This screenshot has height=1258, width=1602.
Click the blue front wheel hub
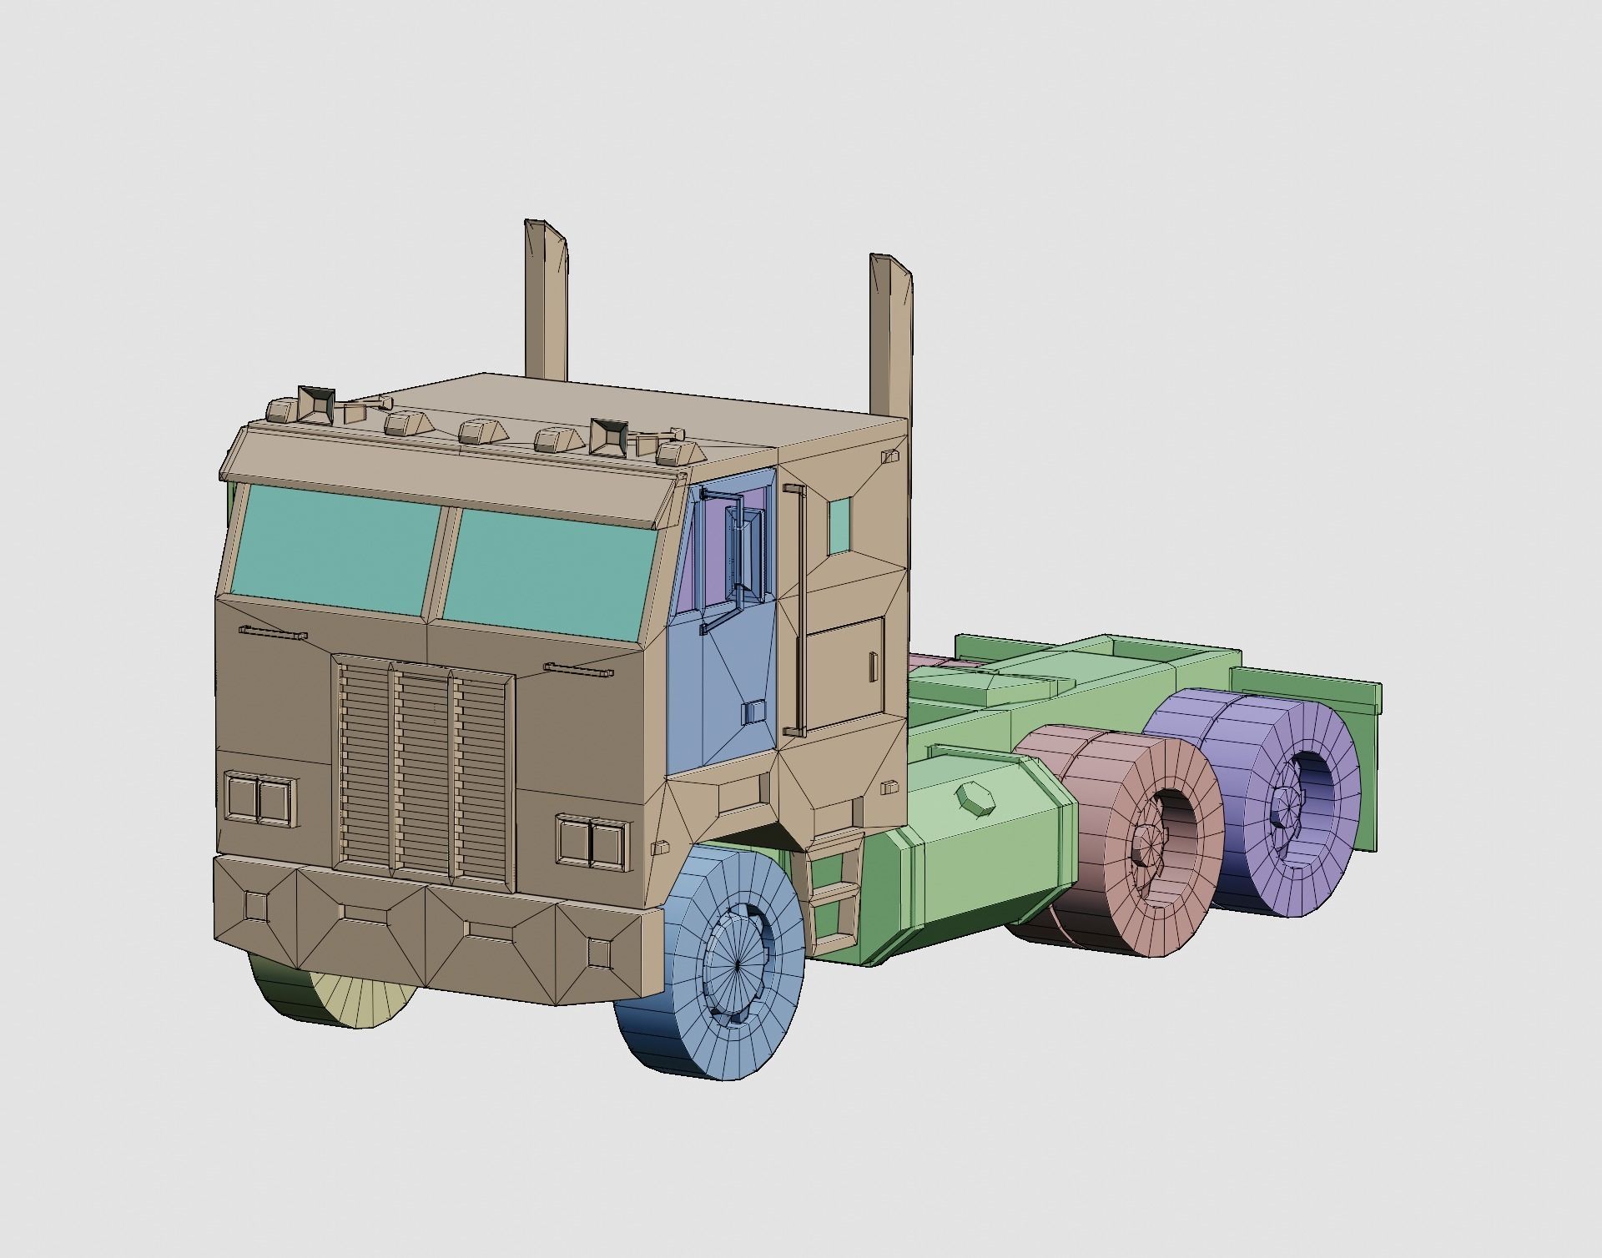click(x=738, y=964)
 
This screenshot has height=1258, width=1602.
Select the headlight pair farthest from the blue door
click(x=259, y=798)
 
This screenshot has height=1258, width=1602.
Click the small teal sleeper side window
click(x=839, y=526)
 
